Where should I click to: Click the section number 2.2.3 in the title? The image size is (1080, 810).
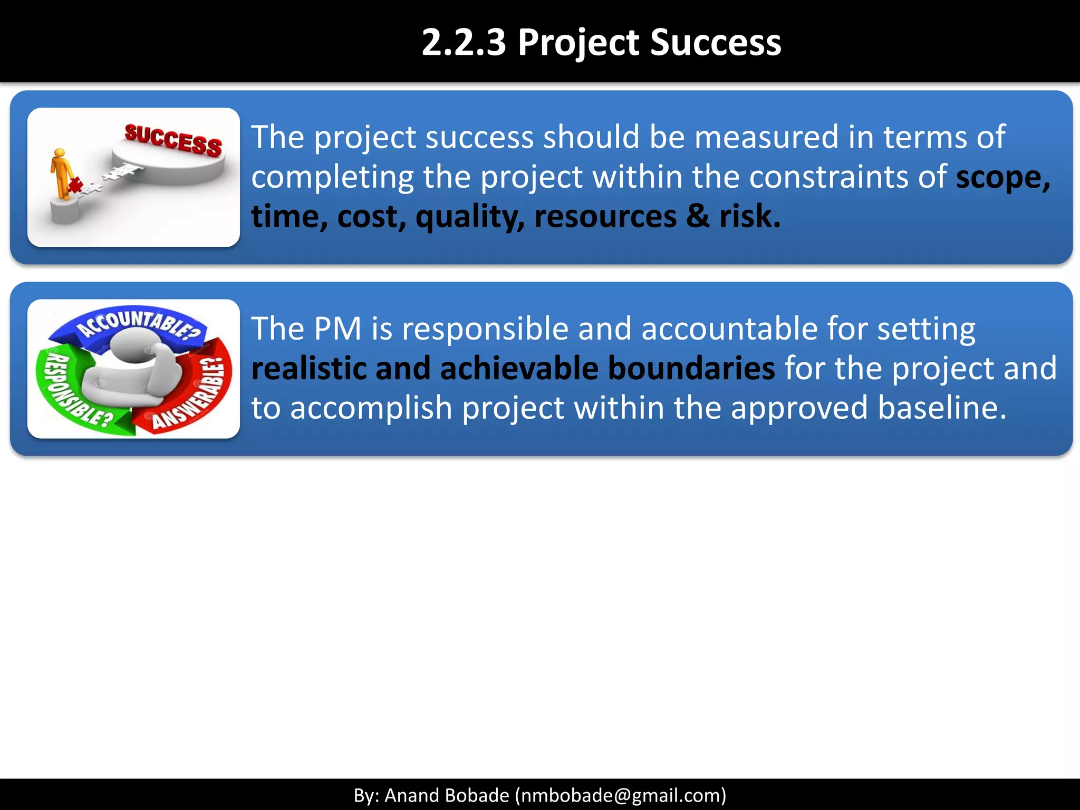(x=464, y=42)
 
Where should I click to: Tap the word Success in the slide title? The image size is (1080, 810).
(x=716, y=42)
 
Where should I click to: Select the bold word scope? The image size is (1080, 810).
(x=1002, y=178)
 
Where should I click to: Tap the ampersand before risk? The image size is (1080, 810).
(x=698, y=216)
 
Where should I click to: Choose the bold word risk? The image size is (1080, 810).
(x=749, y=216)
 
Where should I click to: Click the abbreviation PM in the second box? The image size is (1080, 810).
(x=337, y=329)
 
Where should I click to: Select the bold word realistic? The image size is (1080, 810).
(x=308, y=368)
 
